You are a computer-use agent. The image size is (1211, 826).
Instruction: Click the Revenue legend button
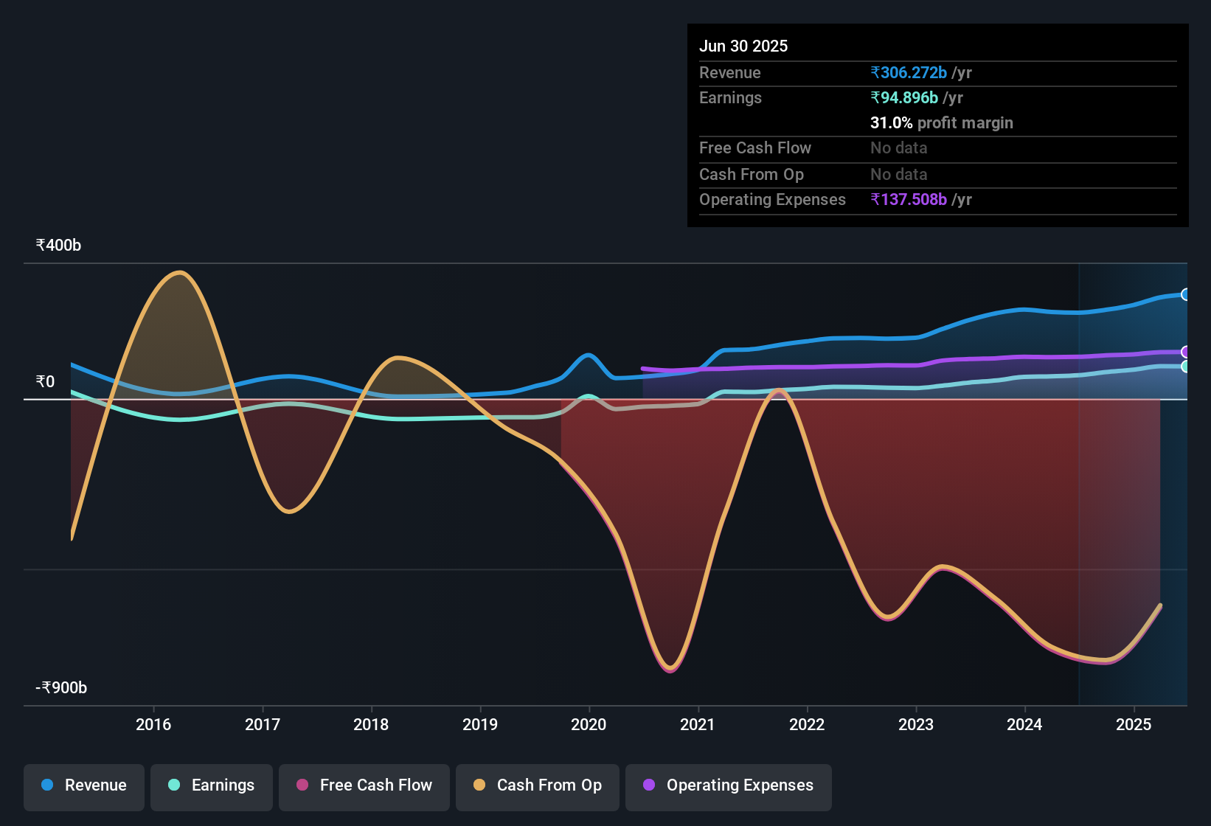pyautogui.click(x=84, y=786)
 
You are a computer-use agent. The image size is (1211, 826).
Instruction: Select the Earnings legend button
pyautogui.click(x=212, y=786)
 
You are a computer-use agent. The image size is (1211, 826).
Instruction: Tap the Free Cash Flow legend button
pyautogui.click(x=364, y=786)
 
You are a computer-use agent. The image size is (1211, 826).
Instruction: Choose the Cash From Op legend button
pyautogui.click(x=538, y=786)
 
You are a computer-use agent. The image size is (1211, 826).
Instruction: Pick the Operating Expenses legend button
pyautogui.click(x=729, y=786)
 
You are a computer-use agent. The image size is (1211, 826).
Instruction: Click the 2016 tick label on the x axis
pyautogui.click(x=153, y=725)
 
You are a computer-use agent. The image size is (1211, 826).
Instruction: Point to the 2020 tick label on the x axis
pyautogui.click(x=589, y=725)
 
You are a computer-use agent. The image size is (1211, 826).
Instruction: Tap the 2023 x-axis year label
pyautogui.click(x=916, y=725)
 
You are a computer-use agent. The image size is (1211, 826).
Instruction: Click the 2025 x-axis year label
pyautogui.click(x=1134, y=725)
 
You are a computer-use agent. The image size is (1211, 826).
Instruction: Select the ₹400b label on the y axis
pyautogui.click(x=58, y=246)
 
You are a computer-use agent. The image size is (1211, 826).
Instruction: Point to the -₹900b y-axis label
pyautogui.click(x=61, y=688)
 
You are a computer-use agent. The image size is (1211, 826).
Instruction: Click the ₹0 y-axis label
pyautogui.click(x=45, y=382)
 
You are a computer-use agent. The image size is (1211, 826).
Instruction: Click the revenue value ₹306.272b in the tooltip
pyautogui.click(x=909, y=73)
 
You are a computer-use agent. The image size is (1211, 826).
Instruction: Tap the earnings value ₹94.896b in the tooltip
pyautogui.click(x=904, y=98)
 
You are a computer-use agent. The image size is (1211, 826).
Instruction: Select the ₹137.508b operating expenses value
pyautogui.click(x=909, y=200)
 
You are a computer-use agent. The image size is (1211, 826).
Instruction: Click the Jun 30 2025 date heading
pyautogui.click(x=743, y=46)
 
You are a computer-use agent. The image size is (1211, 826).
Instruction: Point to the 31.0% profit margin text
pyautogui.click(x=941, y=123)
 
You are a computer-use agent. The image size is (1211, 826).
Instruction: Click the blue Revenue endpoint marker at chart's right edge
pyautogui.click(x=1185, y=295)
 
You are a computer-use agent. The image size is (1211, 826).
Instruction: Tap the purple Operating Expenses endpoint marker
pyautogui.click(x=1185, y=353)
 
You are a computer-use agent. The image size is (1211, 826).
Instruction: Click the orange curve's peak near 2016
pyautogui.click(x=180, y=273)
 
